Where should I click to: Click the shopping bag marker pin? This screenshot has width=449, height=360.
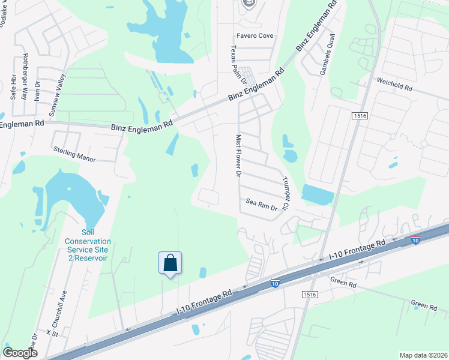170,263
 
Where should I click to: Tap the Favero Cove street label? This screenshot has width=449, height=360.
254,36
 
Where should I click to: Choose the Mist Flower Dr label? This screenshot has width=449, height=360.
238,155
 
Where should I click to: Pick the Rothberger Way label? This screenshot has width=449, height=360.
25,76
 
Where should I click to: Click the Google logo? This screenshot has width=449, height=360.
20,353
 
